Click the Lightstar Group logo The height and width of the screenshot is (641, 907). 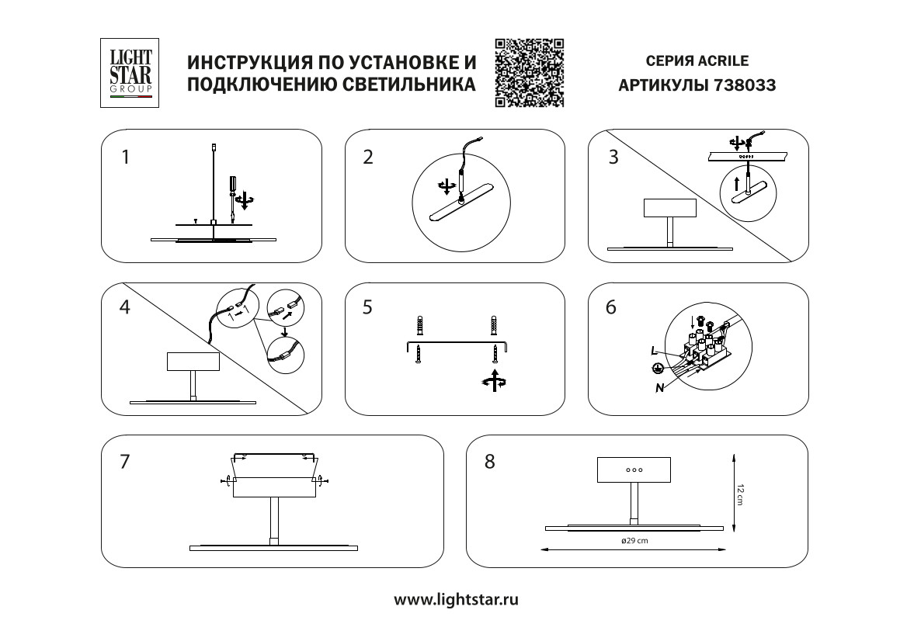[130, 73]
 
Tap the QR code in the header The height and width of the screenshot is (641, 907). [529, 72]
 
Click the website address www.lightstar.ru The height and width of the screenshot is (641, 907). [456, 599]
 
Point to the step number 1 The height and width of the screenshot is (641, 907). [126, 158]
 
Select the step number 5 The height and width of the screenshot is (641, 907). [367, 307]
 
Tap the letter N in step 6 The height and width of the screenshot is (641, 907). [659, 388]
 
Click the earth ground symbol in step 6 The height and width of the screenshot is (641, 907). [656, 369]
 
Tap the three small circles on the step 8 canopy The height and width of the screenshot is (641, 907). [634, 470]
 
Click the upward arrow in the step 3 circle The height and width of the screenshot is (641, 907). [737, 184]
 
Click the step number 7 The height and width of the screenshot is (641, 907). [125, 461]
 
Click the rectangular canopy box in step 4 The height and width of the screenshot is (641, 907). [193, 362]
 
